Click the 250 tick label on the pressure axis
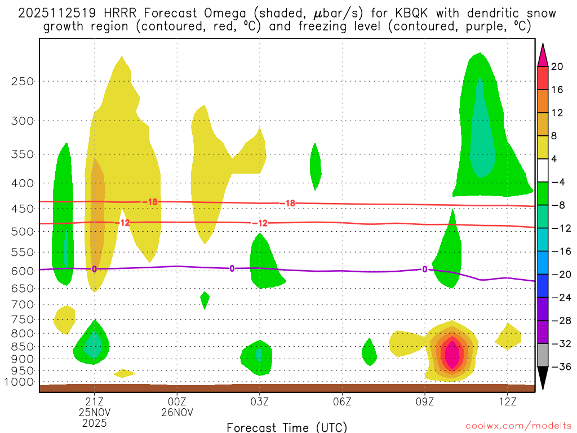pyautogui.click(x=22, y=81)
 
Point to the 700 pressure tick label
pyautogui.click(x=22, y=304)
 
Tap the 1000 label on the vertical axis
pyautogui.click(x=19, y=382)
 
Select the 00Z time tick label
pyautogui.click(x=177, y=401)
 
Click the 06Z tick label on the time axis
pyautogui.click(x=343, y=401)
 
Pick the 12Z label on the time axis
pyautogui.click(x=508, y=401)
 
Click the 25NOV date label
pyautogui.click(x=94, y=412)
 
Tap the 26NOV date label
pyautogui.click(x=177, y=412)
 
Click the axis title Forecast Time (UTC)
pyautogui.click(x=287, y=427)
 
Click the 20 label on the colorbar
pyautogui.click(x=557, y=67)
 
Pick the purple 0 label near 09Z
pyautogui.click(x=424, y=269)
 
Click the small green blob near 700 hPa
pyautogui.click(x=205, y=298)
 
